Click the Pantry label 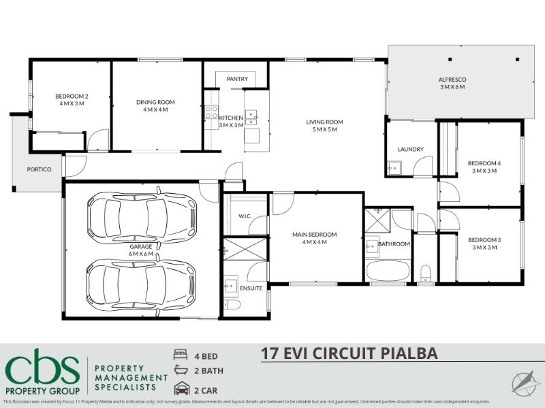coord(237,79)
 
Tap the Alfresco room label coord(452,80)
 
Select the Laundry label coord(411,149)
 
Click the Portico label coord(40,169)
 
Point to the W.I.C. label coord(245,216)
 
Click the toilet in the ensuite coord(232,305)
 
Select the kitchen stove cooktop coord(211,112)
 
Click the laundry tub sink coord(394,168)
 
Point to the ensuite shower coord(245,249)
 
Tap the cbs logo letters coord(42,370)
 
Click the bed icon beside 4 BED coord(181,354)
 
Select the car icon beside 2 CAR coord(182,388)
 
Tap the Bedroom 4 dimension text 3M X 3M coord(484,171)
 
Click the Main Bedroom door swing coord(283,203)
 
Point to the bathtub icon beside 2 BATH coord(181,370)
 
